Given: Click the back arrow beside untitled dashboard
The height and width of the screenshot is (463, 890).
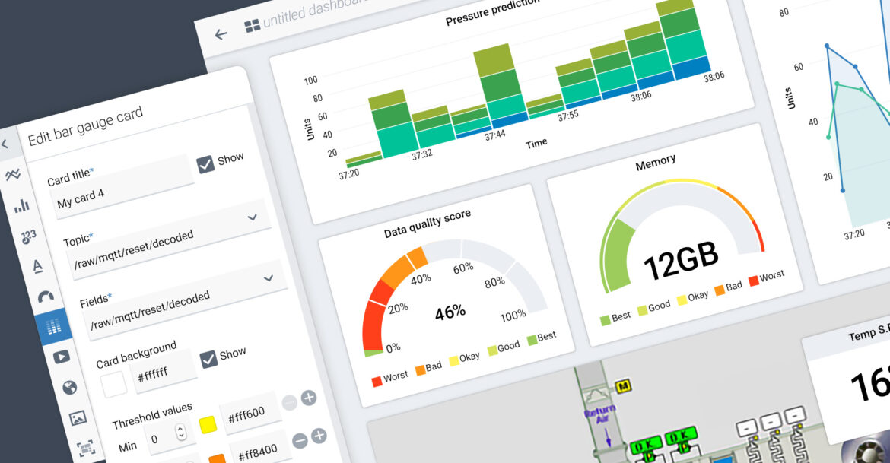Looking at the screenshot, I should click(x=221, y=34).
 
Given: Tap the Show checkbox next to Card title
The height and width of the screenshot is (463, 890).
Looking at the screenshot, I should click(x=206, y=164).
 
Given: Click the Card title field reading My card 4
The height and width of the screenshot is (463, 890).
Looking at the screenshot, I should click(x=114, y=192).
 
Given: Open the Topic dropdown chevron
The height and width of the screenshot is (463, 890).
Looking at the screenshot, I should click(x=253, y=218).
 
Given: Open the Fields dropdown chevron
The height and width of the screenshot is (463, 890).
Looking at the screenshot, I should click(x=268, y=278).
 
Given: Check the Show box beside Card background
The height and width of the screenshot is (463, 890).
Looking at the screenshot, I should click(x=208, y=359).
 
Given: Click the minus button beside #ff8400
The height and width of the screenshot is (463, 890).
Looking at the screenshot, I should click(x=300, y=439).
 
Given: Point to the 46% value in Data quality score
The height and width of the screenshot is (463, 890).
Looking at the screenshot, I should click(x=450, y=312).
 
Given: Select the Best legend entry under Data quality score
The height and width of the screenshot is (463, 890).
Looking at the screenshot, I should click(x=541, y=338).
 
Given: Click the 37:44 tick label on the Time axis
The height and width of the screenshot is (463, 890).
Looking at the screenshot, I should click(x=495, y=135).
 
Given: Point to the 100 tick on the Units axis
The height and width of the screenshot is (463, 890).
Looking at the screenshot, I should click(x=310, y=81).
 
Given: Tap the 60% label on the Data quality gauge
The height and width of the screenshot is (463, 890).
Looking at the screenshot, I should click(x=463, y=268).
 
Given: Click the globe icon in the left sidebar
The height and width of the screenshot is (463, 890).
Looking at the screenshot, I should click(x=69, y=388).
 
